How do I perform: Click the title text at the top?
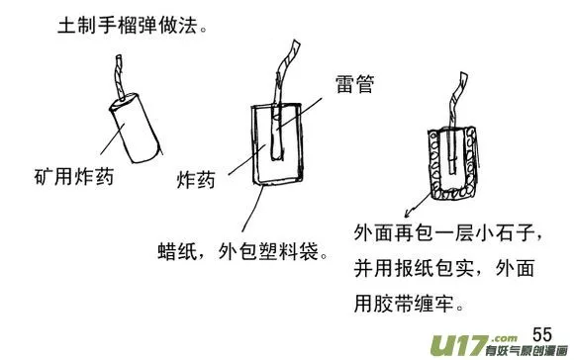tap(133, 26)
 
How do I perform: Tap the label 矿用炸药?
tap(74, 177)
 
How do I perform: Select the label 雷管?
tap(354, 84)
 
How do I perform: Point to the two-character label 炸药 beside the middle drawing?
tap(196, 180)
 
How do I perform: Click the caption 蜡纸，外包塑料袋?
tap(242, 251)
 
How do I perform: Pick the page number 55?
tap(542, 334)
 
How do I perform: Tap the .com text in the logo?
tap(505, 338)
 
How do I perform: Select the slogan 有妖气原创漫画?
tap(526, 350)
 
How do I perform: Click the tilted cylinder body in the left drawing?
tap(137, 128)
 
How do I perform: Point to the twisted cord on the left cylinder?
tap(120, 77)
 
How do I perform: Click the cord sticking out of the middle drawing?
tap(285, 74)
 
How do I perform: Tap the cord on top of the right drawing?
tap(457, 100)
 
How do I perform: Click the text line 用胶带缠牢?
tap(409, 305)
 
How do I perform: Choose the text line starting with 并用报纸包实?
tap(444, 269)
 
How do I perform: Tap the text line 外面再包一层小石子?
tap(447, 233)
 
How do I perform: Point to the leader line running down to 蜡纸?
tap(252, 209)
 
